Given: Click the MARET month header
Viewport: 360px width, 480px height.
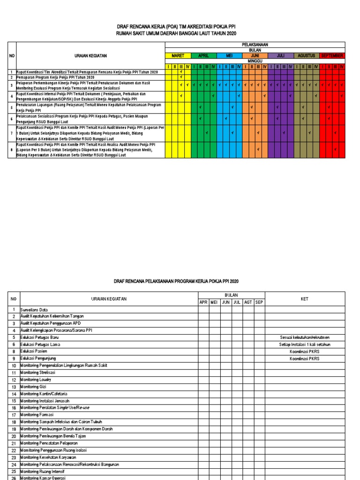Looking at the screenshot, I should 178,55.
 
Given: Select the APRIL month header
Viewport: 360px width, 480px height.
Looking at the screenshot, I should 203,55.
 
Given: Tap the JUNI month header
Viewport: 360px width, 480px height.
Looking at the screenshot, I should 255,55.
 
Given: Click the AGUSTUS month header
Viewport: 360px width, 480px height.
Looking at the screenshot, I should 306,55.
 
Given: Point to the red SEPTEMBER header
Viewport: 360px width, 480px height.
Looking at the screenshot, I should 332,55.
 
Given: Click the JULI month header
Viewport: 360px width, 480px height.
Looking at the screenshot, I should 281,55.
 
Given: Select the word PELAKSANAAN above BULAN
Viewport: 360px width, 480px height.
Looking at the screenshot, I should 255,44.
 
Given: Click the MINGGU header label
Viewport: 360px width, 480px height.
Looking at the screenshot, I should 255,61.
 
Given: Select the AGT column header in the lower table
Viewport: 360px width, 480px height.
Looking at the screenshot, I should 248,302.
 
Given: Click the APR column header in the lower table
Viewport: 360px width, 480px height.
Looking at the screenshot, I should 203,302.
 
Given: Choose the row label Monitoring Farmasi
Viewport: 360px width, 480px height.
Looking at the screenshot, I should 37,415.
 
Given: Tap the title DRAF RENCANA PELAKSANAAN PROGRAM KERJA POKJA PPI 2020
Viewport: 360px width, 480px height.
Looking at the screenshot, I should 177,281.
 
